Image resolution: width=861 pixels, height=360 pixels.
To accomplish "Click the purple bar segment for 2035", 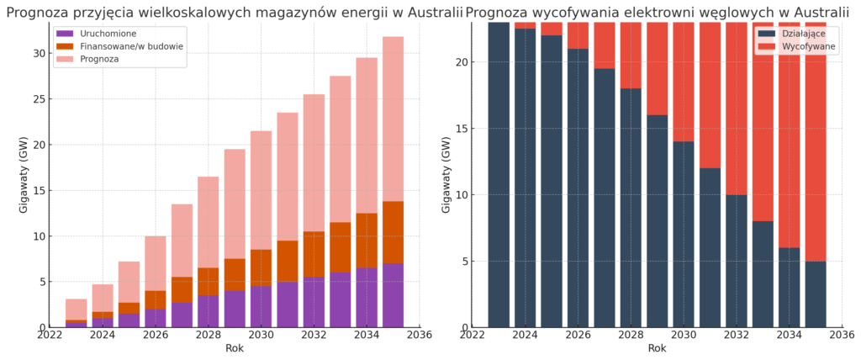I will (393, 295).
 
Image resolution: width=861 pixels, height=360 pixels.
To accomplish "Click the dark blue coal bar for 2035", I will (815, 294).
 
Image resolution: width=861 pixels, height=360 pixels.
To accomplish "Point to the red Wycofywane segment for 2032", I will (736, 109).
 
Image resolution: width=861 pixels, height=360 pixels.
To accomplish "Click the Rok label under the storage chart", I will (235, 348).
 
